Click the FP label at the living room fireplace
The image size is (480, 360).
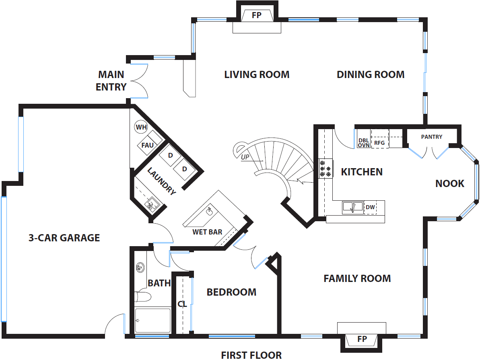click(257, 15)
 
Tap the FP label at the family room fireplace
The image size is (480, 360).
click(362, 339)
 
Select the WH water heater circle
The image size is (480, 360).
click(141, 127)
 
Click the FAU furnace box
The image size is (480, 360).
click(148, 145)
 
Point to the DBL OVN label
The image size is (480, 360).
click(364, 143)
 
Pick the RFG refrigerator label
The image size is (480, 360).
click(379, 143)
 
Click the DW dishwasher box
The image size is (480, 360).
click(370, 207)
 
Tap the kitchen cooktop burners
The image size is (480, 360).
click(325, 169)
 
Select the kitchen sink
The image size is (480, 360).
click(352, 207)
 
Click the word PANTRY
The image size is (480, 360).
click(432, 137)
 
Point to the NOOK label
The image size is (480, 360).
click(450, 183)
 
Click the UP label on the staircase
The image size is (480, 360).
click(245, 157)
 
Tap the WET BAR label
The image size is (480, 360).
click(207, 232)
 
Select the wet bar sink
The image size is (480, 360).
click(210, 211)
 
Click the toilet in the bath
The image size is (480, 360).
click(143, 296)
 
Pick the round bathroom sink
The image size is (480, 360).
click(140, 267)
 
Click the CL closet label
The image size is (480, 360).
click(182, 304)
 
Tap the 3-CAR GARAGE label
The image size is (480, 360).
click(64, 238)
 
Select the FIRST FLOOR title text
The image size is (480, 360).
click(251, 355)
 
